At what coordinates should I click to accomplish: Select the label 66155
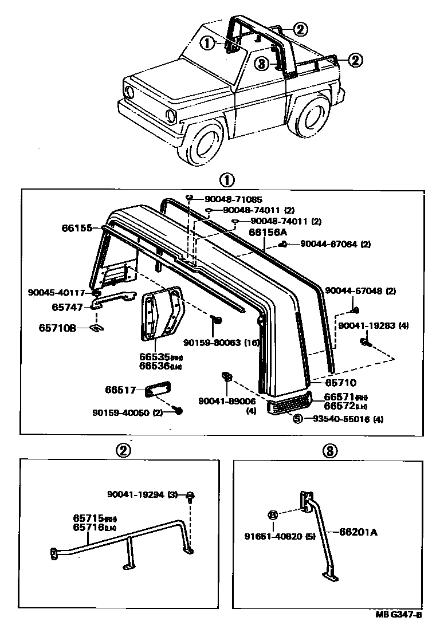point(77,228)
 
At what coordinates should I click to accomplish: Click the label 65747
point(68,307)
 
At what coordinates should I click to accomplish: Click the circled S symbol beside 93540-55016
point(297,419)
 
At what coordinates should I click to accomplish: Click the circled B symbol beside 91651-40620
point(273,514)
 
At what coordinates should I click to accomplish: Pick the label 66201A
point(358,532)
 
